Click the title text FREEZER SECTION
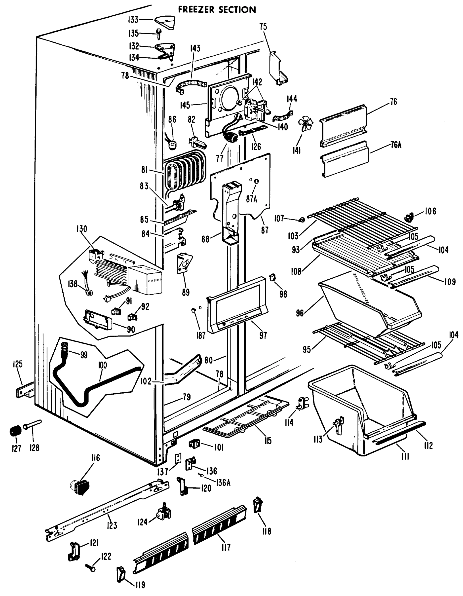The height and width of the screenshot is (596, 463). pyautogui.click(x=217, y=9)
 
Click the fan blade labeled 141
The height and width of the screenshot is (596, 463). pyautogui.click(x=306, y=124)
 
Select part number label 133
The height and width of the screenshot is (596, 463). pyautogui.click(x=133, y=20)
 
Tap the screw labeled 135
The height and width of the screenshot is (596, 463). pyautogui.click(x=158, y=34)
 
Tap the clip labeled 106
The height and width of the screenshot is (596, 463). pyautogui.click(x=409, y=217)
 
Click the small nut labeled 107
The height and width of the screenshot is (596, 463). pyautogui.click(x=302, y=220)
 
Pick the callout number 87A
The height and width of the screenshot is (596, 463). pyautogui.click(x=251, y=199)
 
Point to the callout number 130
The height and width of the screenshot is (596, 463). pyautogui.click(x=81, y=228)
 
